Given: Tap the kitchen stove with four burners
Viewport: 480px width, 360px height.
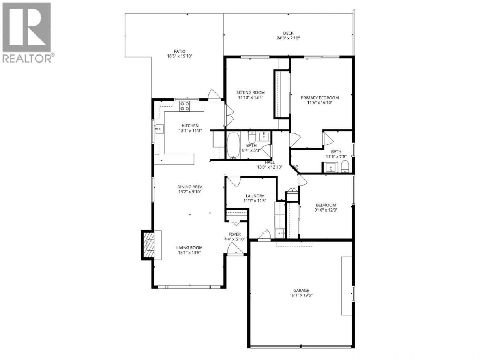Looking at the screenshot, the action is pyautogui.click(x=184, y=106).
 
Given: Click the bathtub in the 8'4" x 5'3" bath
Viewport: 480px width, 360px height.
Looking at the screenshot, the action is pyautogui.click(x=233, y=145).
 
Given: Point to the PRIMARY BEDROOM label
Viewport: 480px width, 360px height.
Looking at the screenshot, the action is pyautogui.click(x=320, y=98).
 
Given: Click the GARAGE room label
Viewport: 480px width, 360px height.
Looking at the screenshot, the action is pyautogui.click(x=301, y=290).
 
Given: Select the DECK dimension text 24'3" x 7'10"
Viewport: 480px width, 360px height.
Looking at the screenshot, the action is pyautogui.click(x=288, y=38).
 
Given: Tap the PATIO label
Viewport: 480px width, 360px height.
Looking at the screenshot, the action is pyautogui.click(x=180, y=51).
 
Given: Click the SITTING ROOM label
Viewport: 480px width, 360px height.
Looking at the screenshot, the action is pyautogui.click(x=251, y=92).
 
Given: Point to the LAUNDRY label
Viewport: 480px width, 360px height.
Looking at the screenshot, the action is pyautogui.click(x=255, y=196).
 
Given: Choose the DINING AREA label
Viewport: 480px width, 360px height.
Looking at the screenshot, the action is pyautogui.click(x=190, y=187).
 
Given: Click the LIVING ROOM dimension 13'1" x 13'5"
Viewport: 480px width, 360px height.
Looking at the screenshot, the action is pyautogui.click(x=189, y=253).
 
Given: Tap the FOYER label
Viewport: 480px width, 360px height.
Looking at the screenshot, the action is pyautogui.click(x=234, y=234).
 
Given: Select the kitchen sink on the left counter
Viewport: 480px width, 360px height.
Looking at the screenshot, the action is pyautogui.click(x=159, y=129).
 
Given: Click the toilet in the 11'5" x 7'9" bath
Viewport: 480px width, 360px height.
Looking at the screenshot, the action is pyautogui.click(x=345, y=167).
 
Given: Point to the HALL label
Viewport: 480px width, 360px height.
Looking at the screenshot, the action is pyautogui.click(x=270, y=162).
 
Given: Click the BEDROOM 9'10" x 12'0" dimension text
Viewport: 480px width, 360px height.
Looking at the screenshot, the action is pyautogui.click(x=326, y=210).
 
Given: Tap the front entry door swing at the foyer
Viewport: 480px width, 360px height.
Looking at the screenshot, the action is pyautogui.click(x=235, y=249).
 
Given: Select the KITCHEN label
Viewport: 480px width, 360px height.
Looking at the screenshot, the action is pyautogui.click(x=190, y=126).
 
